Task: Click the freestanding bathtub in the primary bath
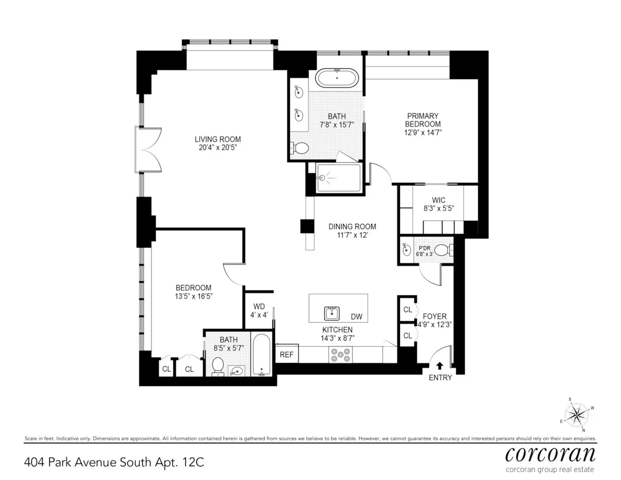pyautogui.click(x=337, y=78)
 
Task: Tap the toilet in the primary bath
pyautogui.click(x=299, y=148)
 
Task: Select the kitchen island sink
pyautogui.click(x=332, y=313)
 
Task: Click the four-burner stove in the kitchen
pyautogui.click(x=340, y=355)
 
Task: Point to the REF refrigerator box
pyautogui.click(x=286, y=355)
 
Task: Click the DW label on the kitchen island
pyautogui.click(x=357, y=316)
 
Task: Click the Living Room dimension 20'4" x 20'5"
pyautogui.click(x=217, y=148)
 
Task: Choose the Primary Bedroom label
pyautogui.click(x=423, y=120)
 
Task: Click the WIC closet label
pyautogui.click(x=438, y=200)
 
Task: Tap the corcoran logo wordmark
pyautogui.click(x=550, y=454)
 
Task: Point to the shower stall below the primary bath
pyautogui.click(x=337, y=178)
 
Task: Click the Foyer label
pyautogui.click(x=434, y=316)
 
